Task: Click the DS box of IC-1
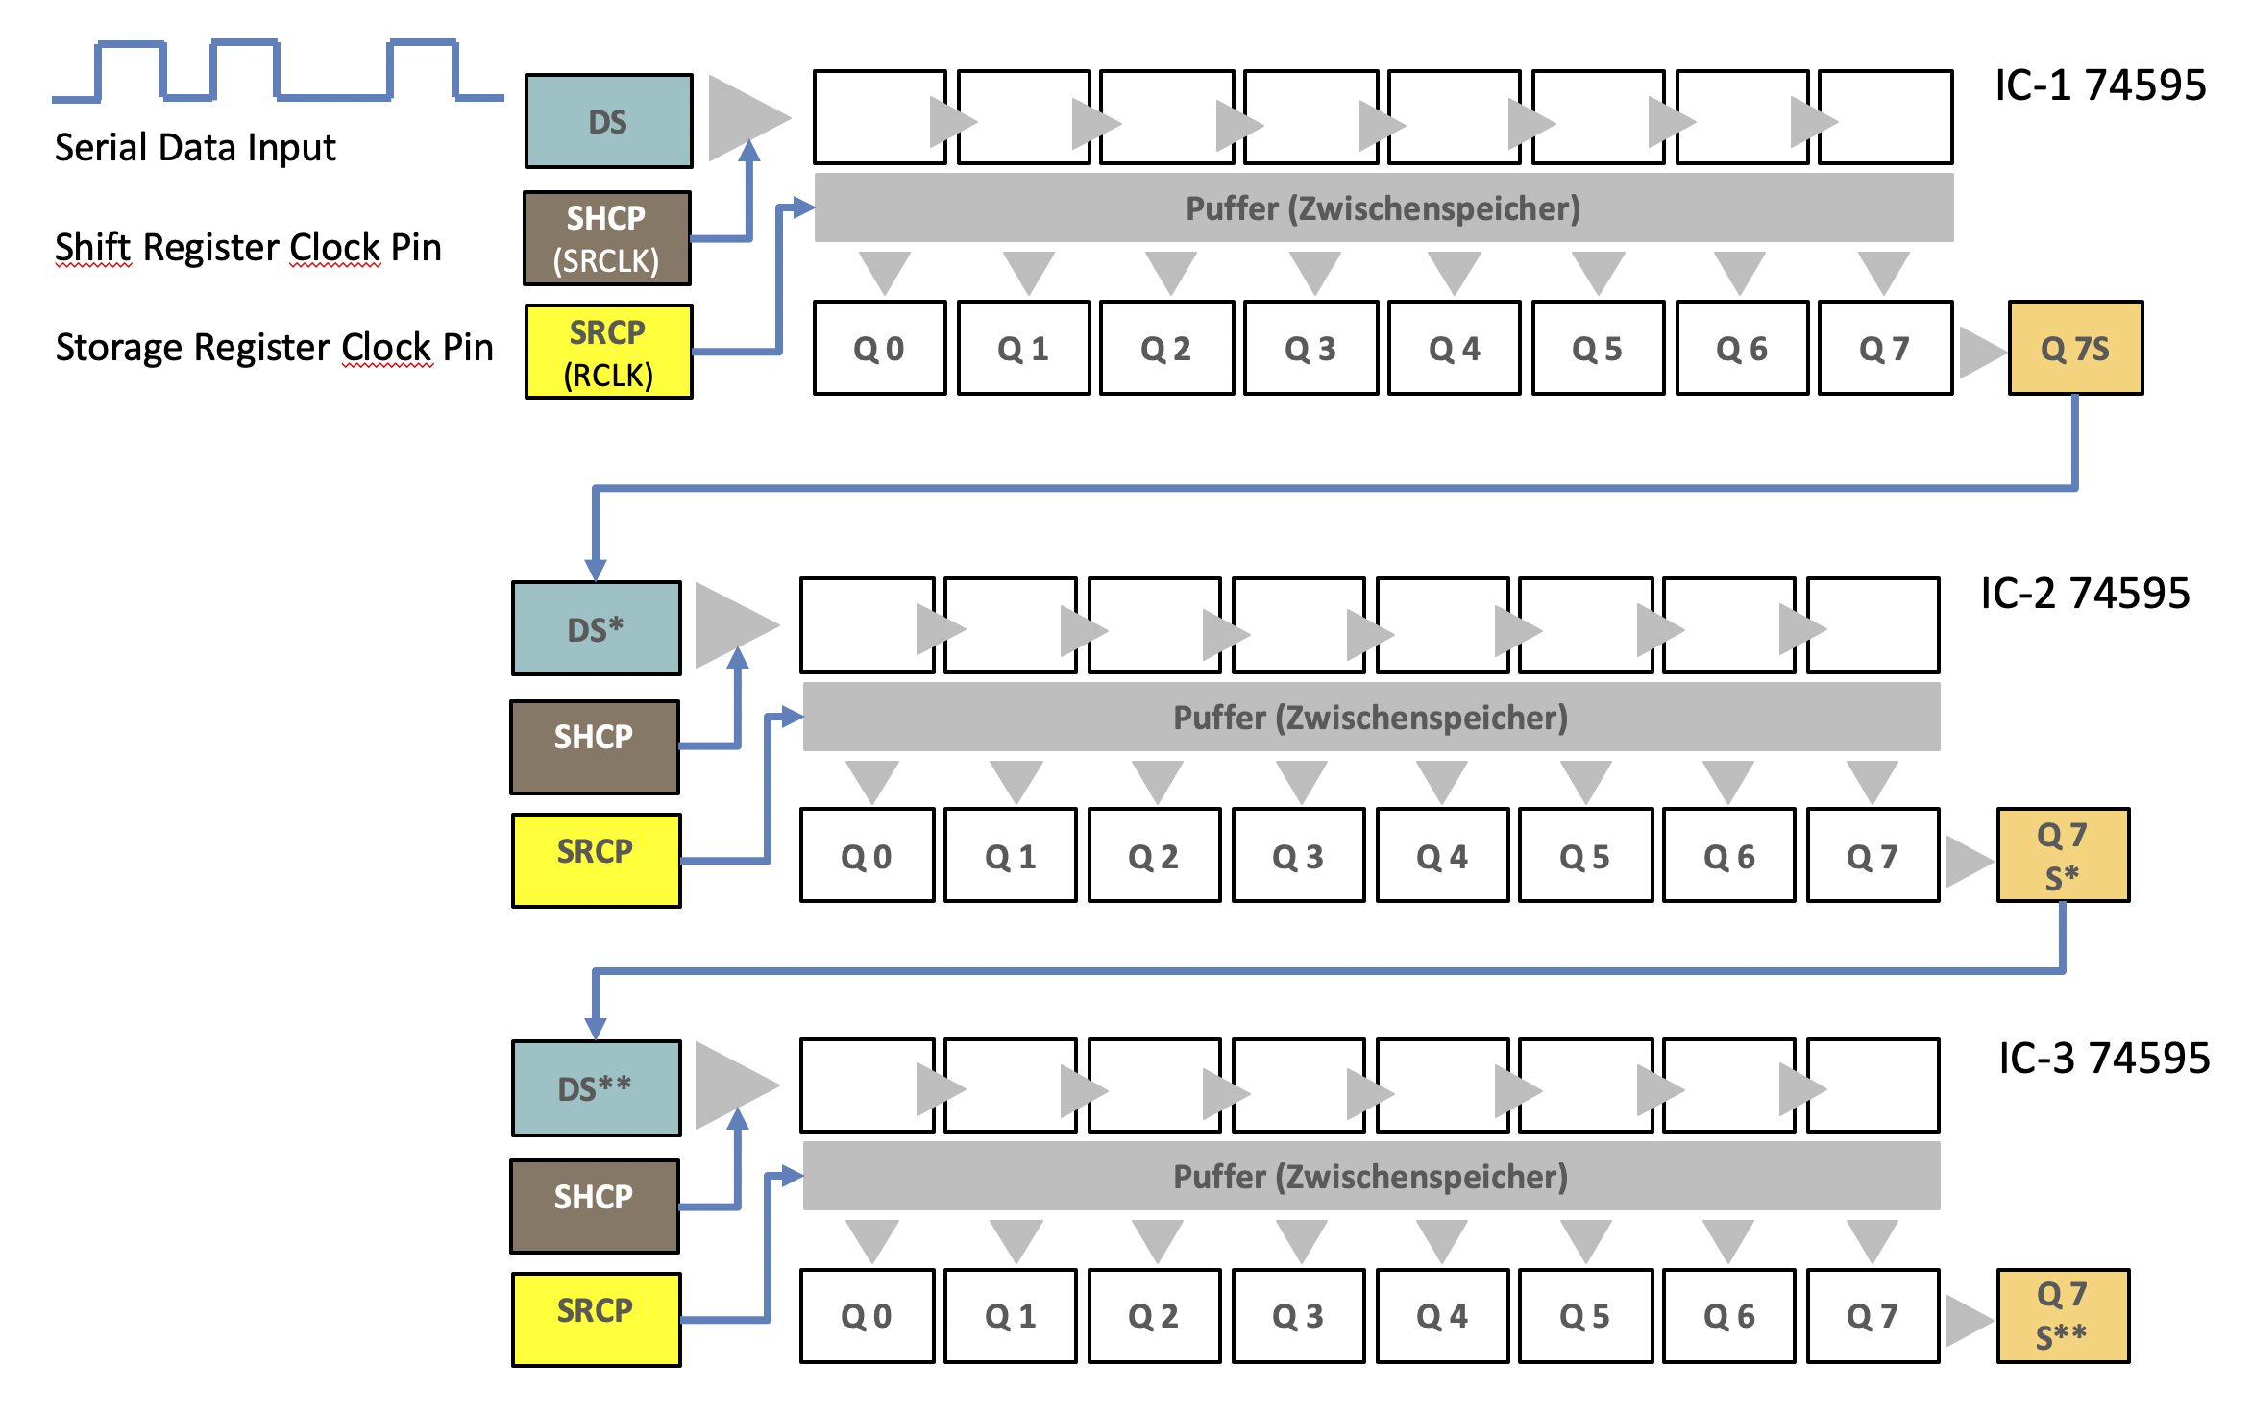point(608,121)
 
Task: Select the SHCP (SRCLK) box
point(606,238)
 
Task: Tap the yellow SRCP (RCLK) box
point(608,352)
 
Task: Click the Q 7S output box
point(2075,348)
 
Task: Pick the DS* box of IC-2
point(596,628)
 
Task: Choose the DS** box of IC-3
point(596,1087)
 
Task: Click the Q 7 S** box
point(2063,1315)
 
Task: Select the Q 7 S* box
point(2063,855)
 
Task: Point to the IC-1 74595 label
point(2100,85)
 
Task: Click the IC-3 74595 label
point(2104,1058)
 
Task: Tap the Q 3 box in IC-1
point(1310,348)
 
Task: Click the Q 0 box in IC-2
point(867,855)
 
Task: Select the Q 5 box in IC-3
point(1585,1315)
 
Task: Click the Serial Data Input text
point(195,148)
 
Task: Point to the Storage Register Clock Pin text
point(274,347)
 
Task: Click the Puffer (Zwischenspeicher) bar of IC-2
point(1371,717)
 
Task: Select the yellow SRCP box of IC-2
point(596,860)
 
